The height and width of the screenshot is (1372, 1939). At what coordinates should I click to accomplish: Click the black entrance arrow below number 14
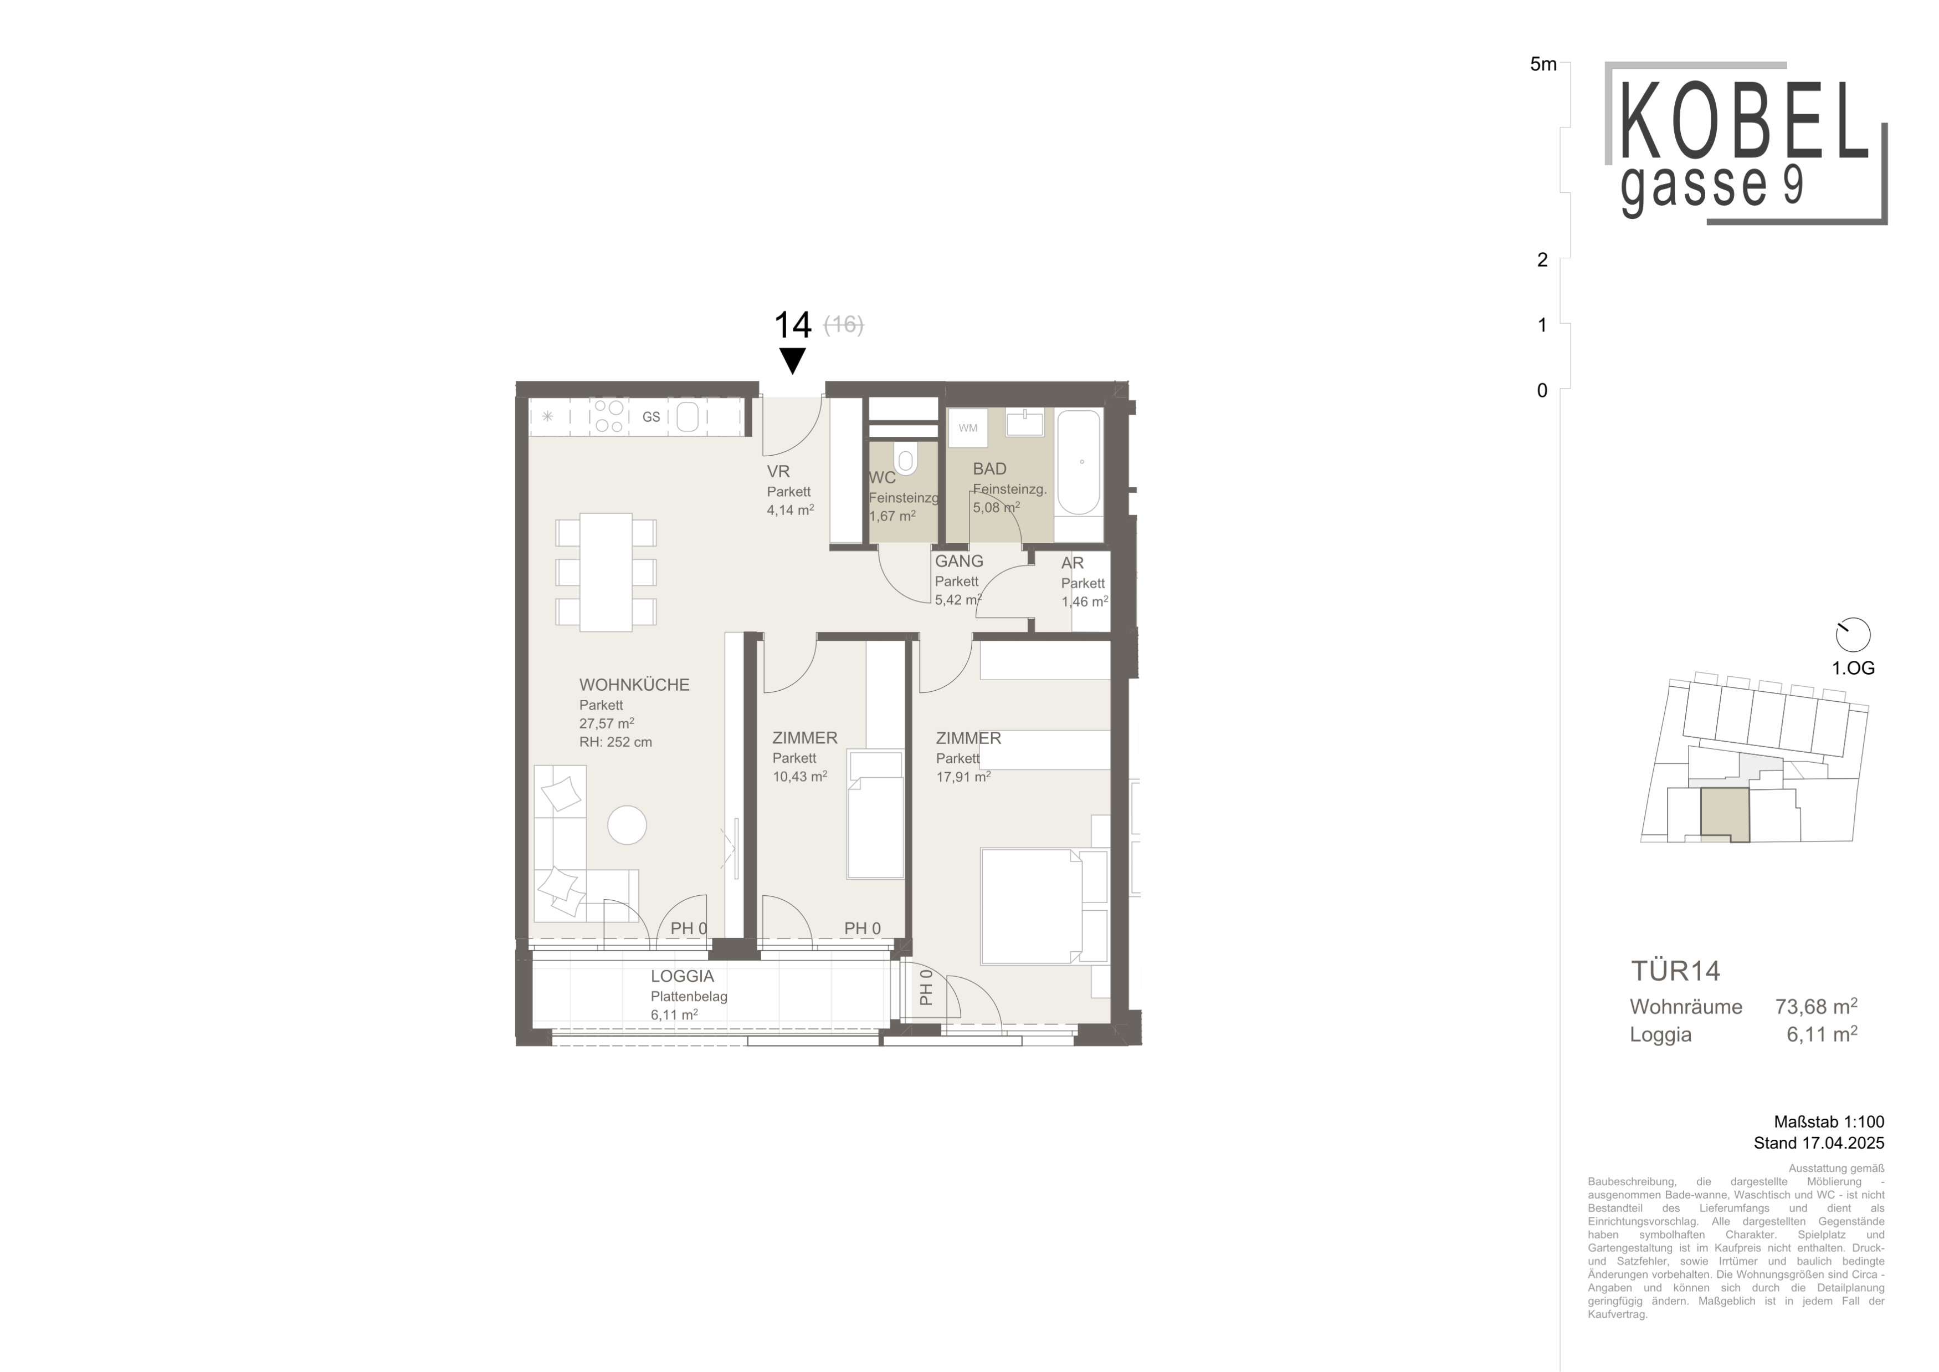792,361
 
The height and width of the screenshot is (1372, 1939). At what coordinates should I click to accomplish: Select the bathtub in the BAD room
1079,462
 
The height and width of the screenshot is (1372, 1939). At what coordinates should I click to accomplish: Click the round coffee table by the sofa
628,824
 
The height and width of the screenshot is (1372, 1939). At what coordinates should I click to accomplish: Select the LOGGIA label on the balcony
683,977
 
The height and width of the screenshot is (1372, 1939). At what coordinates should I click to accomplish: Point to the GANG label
958,561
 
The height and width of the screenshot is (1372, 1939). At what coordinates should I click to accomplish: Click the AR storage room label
1073,563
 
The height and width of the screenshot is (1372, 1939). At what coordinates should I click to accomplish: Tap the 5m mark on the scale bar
1543,64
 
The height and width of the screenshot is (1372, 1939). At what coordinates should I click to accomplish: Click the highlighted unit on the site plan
1723,814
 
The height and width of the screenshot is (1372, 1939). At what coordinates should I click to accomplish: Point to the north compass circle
1853,635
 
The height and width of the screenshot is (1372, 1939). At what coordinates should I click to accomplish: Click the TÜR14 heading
1675,971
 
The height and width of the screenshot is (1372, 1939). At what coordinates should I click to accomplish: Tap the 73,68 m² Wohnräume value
1815,1006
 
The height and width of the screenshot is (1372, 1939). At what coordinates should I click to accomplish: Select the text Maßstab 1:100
1829,1122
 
